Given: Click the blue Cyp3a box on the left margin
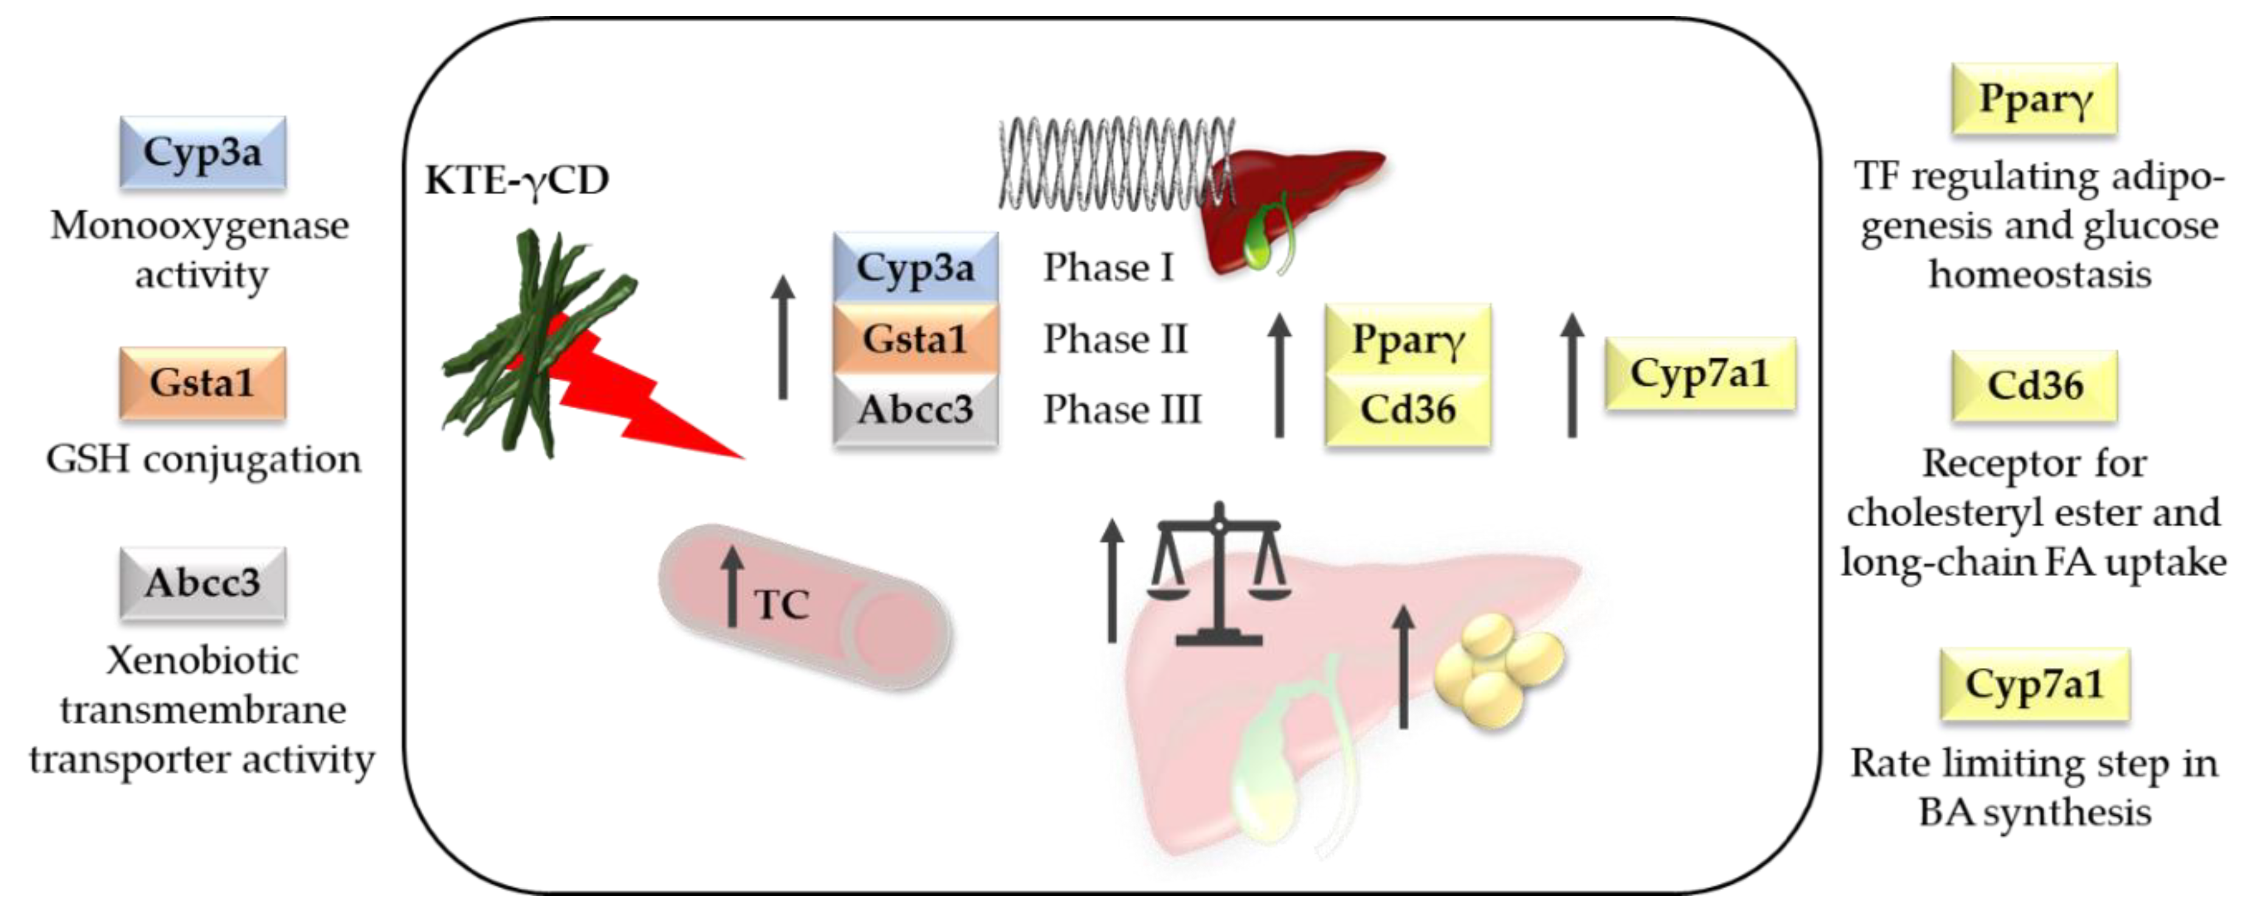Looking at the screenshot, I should [202, 153].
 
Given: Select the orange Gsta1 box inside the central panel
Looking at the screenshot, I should [915, 339].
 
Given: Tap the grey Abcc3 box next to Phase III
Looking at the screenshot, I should [915, 409].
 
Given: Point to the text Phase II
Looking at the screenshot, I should [1116, 339].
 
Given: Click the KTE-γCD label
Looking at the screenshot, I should [517, 180].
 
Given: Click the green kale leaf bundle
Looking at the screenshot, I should [532, 340].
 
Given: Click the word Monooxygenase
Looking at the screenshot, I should [200, 226].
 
